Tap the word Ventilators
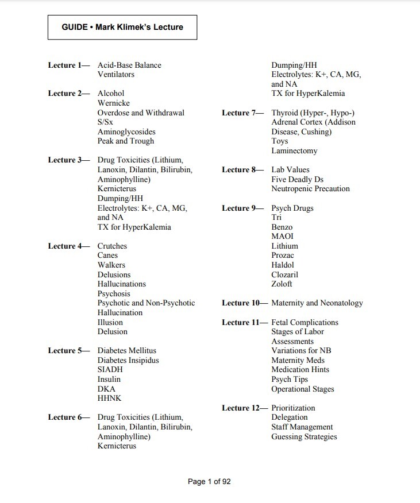point(116,75)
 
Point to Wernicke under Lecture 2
point(114,103)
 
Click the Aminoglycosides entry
point(126,131)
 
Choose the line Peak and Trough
point(126,141)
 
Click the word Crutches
point(112,246)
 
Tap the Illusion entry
point(110,322)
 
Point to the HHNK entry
point(109,398)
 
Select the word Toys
point(280,141)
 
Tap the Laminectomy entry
point(294,150)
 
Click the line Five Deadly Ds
point(297,179)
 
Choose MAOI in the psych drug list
point(282,236)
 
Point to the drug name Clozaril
point(284,274)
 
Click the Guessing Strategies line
point(304,436)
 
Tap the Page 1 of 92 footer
point(209,482)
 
